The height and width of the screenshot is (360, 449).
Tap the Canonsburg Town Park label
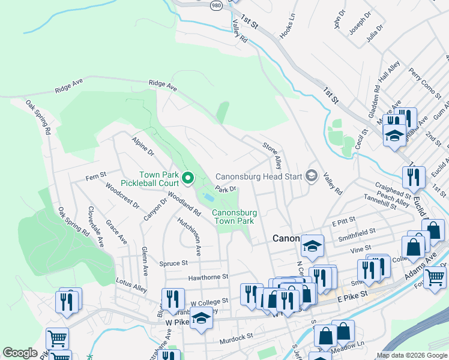235,217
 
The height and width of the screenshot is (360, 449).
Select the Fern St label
95,176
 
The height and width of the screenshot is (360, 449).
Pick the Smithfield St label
357,231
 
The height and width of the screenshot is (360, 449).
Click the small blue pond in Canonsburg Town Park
208,197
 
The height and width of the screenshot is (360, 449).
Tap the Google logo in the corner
20,353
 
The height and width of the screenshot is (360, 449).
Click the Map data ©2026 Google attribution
412,355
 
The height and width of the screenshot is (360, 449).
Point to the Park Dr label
225,189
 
